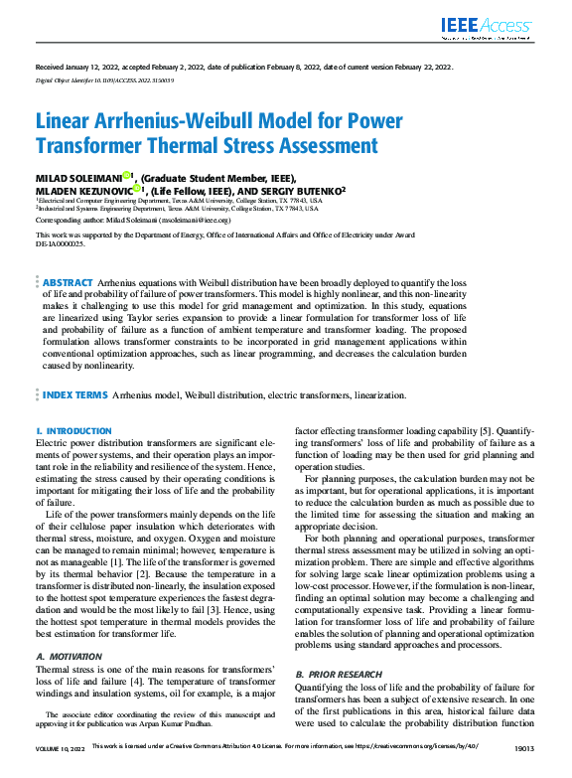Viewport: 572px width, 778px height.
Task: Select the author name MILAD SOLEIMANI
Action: (x=78, y=177)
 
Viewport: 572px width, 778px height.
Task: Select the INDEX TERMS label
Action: (x=75, y=394)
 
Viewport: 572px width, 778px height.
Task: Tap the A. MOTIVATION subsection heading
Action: (x=69, y=629)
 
